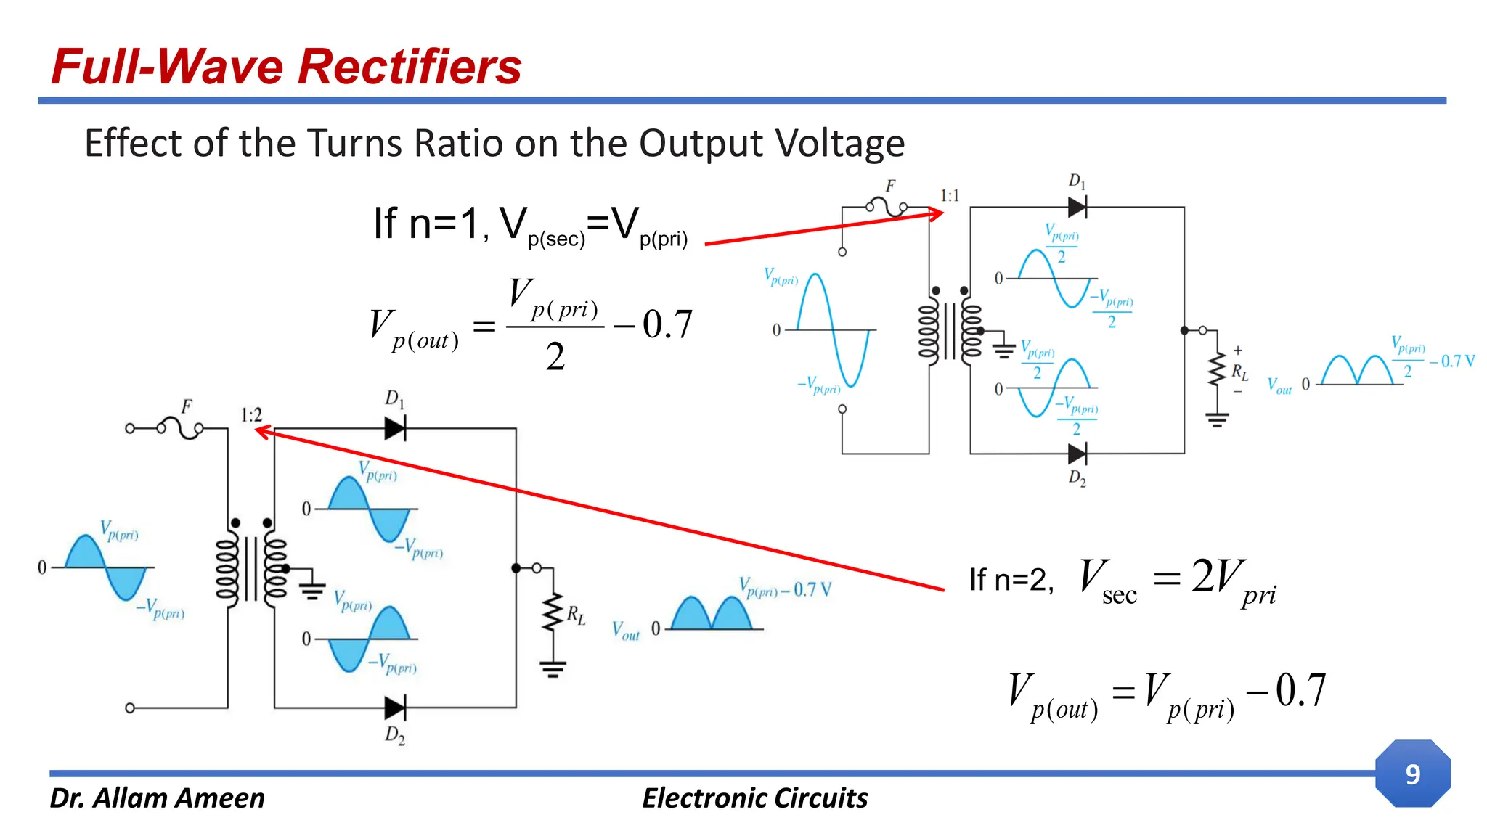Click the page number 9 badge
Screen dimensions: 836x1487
(x=1412, y=774)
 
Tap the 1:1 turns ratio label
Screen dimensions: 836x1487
(x=949, y=196)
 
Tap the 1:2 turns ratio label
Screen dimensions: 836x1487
(x=251, y=415)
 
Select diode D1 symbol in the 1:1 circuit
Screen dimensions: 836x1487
(x=1077, y=208)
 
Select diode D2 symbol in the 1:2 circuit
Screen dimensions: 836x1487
(x=395, y=708)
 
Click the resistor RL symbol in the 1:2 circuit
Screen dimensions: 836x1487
(x=553, y=613)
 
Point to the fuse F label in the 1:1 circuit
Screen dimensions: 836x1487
(x=890, y=187)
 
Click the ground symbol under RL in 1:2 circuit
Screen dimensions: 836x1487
(x=553, y=669)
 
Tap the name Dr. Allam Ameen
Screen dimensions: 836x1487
(x=157, y=798)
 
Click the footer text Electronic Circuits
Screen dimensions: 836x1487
(x=754, y=798)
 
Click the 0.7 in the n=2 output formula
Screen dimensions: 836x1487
(x=1300, y=690)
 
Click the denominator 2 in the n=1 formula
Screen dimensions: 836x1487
(x=555, y=357)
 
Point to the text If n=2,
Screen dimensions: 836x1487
(x=1011, y=580)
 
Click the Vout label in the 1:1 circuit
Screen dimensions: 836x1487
(x=1279, y=386)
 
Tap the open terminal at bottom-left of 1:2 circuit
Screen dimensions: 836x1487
(x=130, y=708)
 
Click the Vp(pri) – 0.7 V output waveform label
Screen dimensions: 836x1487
(x=784, y=588)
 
